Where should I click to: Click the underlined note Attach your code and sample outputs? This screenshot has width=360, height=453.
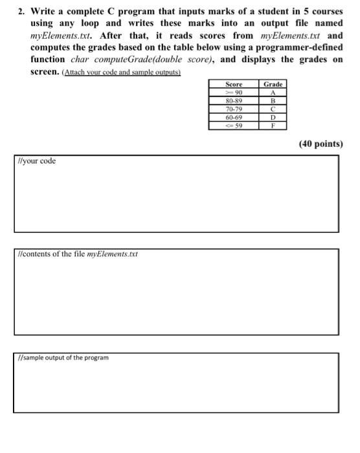click(121, 72)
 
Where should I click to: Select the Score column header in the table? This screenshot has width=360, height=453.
click(234, 85)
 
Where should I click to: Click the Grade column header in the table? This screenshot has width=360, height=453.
click(273, 85)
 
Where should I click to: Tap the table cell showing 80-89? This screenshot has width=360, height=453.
click(234, 102)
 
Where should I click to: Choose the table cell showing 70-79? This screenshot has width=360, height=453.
click(234, 109)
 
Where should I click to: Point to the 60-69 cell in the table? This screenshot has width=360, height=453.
click(234, 118)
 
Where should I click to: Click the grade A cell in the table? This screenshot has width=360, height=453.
click(273, 93)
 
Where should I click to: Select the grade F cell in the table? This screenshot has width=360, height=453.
click(273, 126)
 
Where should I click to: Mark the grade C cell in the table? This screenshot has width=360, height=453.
click(273, 109)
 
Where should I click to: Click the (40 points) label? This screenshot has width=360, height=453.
click(321, 144)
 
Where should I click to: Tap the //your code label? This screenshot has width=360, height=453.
click(37, 161)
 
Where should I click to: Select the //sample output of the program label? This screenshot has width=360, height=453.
click(63, 357)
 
